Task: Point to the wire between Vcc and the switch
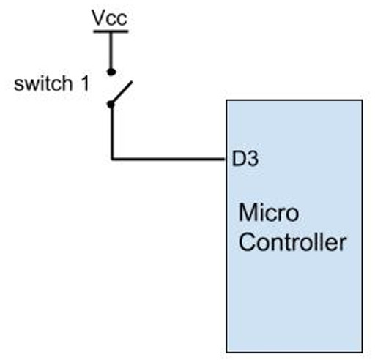(x=111, y=51)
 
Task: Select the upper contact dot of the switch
(x=111, y=72)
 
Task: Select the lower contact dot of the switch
(x=111, y=104)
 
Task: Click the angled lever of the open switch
(x=122, y=92)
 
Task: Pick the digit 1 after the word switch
(x=84, y=83)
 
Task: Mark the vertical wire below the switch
(x=111, y=132)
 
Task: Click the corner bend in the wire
(x=111, y=158)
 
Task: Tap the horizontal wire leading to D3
(x=168, y=158)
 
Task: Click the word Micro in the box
(x=269, y=214)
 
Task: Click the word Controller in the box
(x=292, y=242)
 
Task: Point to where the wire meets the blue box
(x=227, y=158)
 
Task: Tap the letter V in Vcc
(x=97, y=18)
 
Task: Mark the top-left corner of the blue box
(x=227, y=100)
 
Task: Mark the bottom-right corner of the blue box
(x=362, y=352)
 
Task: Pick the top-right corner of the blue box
(x=362, y=100)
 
